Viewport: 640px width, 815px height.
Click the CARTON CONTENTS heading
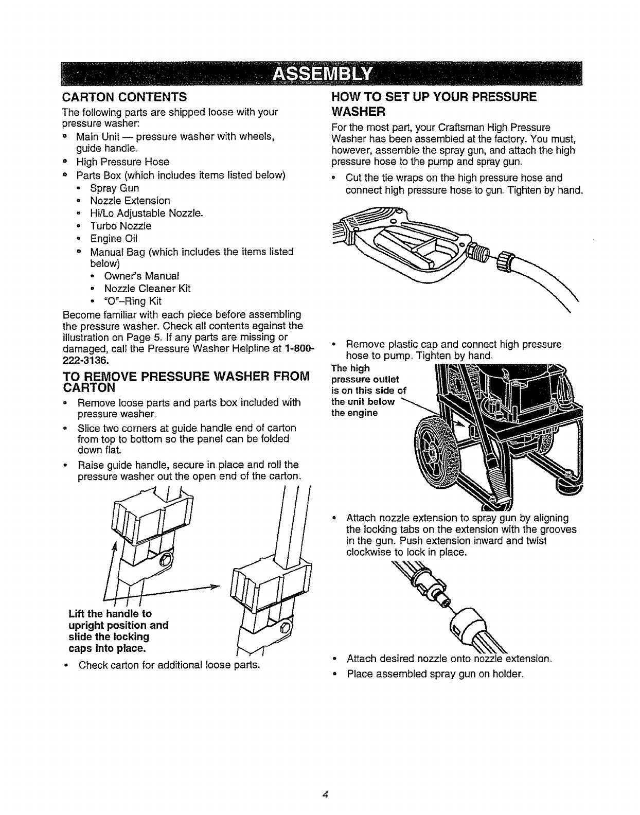click(x=124, y=97)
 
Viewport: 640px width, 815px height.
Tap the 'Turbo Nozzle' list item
click(x=120, y=226)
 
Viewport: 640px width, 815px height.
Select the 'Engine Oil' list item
click(x=114, y=239)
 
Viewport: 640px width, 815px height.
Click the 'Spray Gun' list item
click(x=114, y=188)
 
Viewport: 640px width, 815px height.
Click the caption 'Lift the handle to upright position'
click(x=118, y=619)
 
